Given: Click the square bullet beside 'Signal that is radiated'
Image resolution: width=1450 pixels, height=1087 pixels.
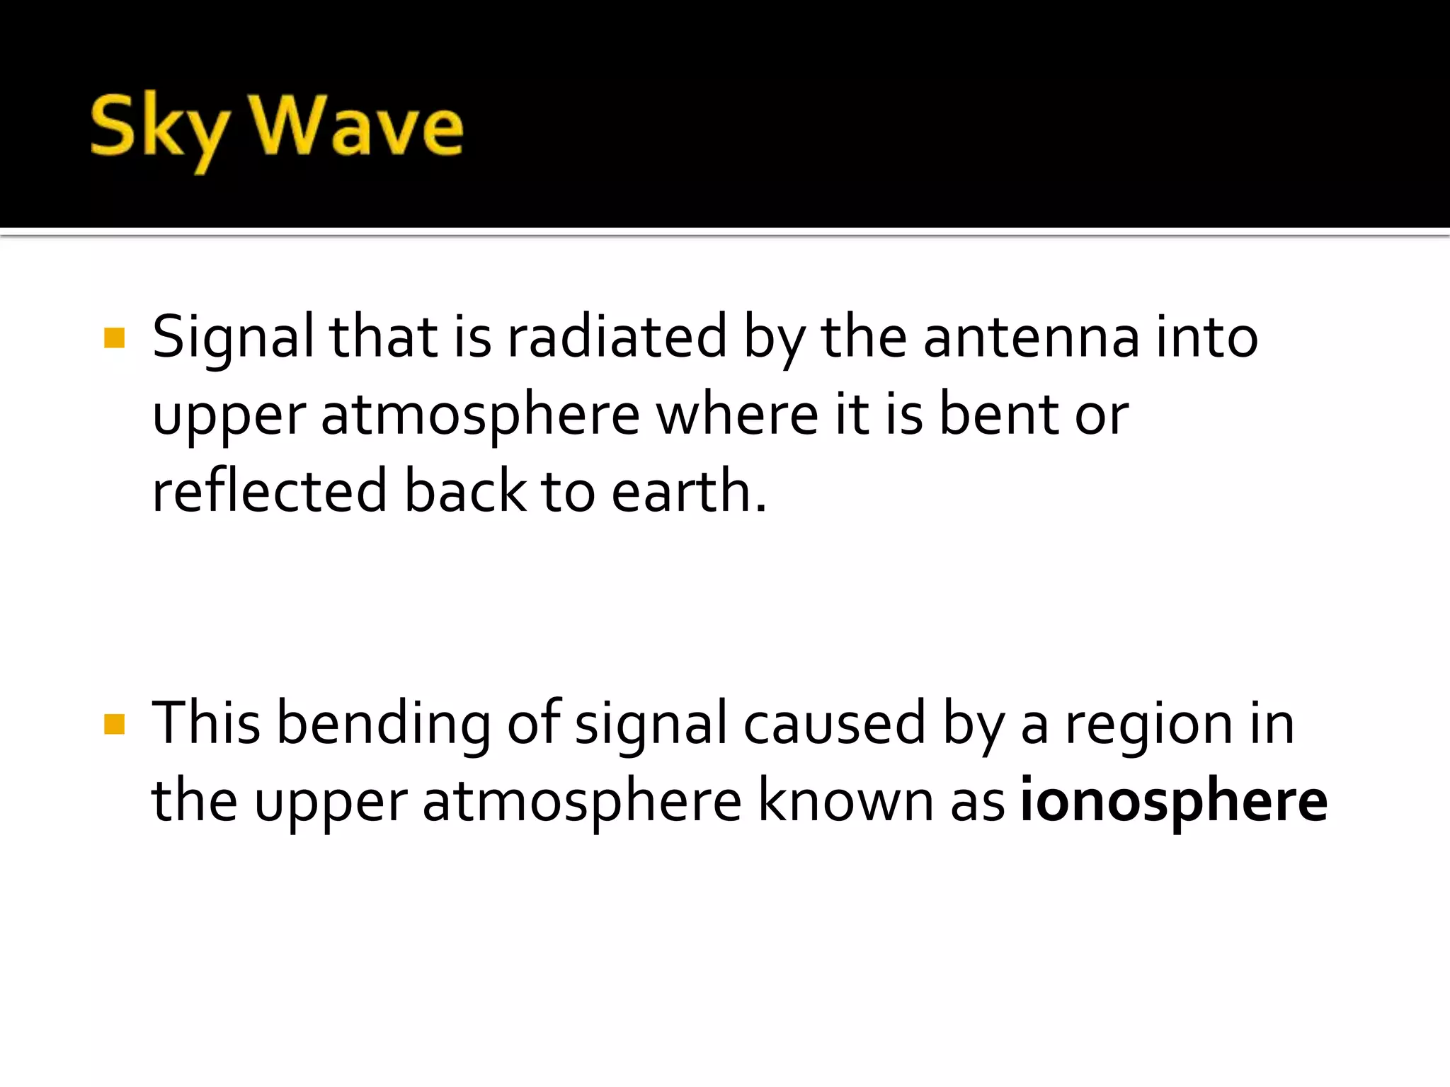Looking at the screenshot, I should [114, 338].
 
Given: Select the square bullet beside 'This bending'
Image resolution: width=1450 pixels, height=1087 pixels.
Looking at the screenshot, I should [114, 724].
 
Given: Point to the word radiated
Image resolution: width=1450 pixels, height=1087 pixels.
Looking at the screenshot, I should [617, 337].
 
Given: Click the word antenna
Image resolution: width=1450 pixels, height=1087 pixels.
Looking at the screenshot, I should [1031, 337].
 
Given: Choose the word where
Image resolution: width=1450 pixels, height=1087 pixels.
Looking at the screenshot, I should [737, 415].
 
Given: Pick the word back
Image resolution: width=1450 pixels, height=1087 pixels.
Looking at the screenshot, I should [465, 491].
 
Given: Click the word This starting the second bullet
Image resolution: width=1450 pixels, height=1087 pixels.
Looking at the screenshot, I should [206, 723].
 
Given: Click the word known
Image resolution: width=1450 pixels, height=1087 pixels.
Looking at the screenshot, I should [846, 801].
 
